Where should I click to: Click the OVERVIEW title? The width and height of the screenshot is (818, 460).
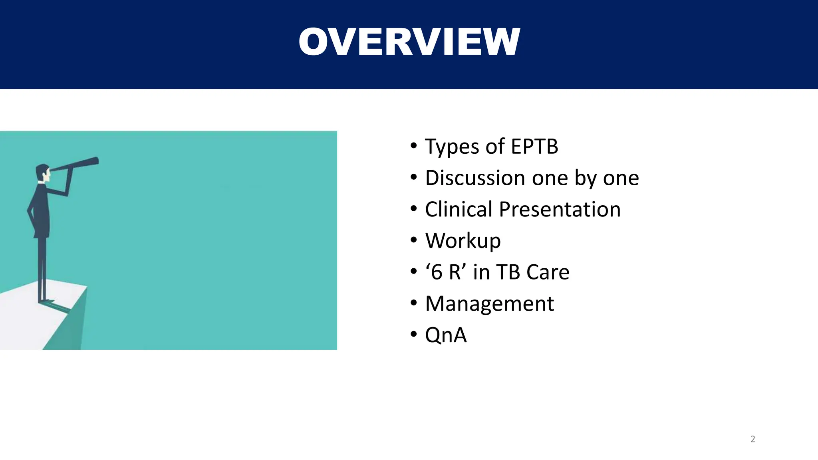pyautogui.click(x=409, y=42)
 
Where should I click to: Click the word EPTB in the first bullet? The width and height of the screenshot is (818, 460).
pyautogui.click(x=534, y=146)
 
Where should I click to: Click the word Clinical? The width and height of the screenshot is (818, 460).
pyautogui.click(x=459, y=209)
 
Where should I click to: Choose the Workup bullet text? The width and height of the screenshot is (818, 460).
pyautogui.click(x=463, y=241)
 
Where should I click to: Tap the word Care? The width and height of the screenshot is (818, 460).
pyautogui.click(x=548, y=272)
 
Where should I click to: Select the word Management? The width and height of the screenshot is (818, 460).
pyautogui.click(x=489, y=303)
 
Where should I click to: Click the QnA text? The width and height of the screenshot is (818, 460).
pyautogui.click(x=446, y=335)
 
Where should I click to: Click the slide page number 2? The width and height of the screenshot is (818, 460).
pyautogui.click(x=752, y=439)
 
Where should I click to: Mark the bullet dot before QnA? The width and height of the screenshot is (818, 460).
pyautogui.click(x=414, y=335)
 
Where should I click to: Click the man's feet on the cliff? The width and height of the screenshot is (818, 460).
pyautogui.click(x=47, y=301)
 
